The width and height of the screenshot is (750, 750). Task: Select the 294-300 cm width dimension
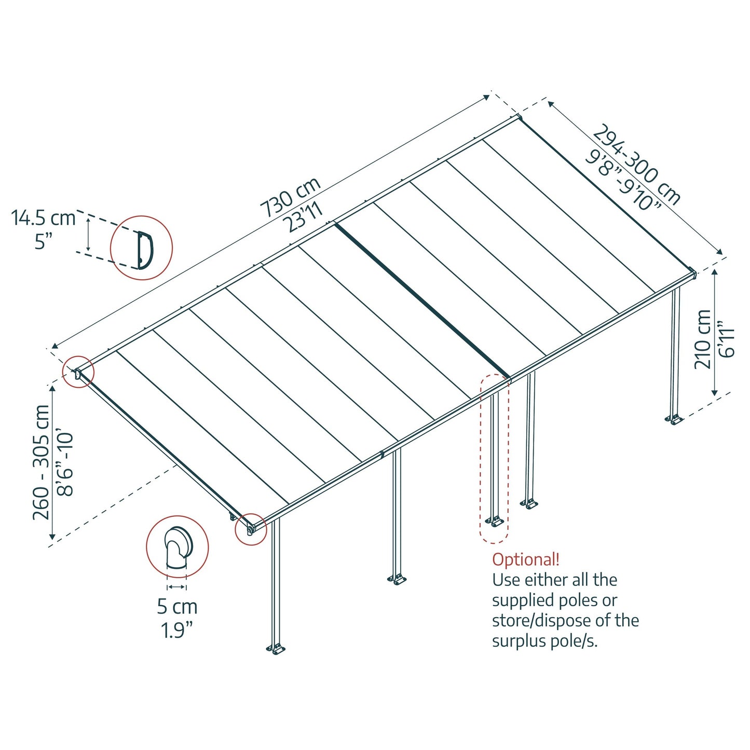pyautogui.click(x=636, y=164)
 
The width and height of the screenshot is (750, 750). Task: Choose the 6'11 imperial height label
pyautogui.click(x=727, y=342)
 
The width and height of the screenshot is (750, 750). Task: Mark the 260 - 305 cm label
pyautogui.click(x=42, y=462)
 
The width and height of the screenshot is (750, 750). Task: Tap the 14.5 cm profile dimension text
pyautogui.click(x=44, y=218)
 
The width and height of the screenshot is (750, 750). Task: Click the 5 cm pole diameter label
pyautogui.click(x=177, y=606)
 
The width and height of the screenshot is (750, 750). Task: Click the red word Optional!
pyautogui.click(x=525, y=560)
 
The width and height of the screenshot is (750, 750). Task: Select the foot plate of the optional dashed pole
pyautogui.click(x=494, y=521)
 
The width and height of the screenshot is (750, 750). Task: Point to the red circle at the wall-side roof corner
pyautogui.click(x=78, y=372)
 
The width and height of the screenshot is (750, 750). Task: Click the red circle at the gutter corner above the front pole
pyautogui.click(x=251, y=529)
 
